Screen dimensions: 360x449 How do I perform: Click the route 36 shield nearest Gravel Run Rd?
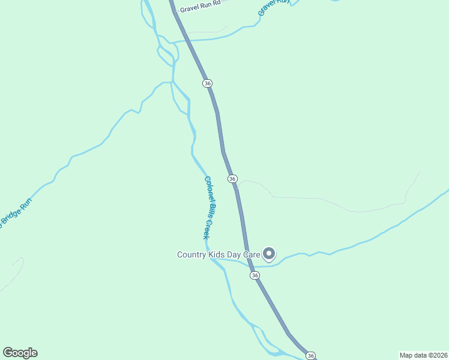pyautogui.click(x=208, y=83)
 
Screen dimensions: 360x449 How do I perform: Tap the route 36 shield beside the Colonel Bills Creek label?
pyautogui.click(x=232, y=179)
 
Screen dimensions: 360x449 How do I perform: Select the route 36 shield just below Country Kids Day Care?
pyautogui.click(x=255, y=275)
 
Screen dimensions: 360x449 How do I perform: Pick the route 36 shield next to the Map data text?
pyautogui.click(x=310, y=356)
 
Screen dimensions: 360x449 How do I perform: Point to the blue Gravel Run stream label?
pyautogui.click(x=274, y=7)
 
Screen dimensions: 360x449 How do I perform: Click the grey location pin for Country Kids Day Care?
pyautogui.click(x=270, y=255)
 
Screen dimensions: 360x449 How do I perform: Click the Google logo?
pyautogui.click(x=20, y=353)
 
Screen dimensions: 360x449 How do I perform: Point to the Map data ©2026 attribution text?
pyautogui.click(x=424, y=355)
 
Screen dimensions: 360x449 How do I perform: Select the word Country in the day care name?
pyautogui.click(x=191, y=255)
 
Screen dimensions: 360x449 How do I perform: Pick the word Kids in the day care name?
pyautogui.click(x=217, y=255)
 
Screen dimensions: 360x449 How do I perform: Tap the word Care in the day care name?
pyautogui.click(x=252, y=255)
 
